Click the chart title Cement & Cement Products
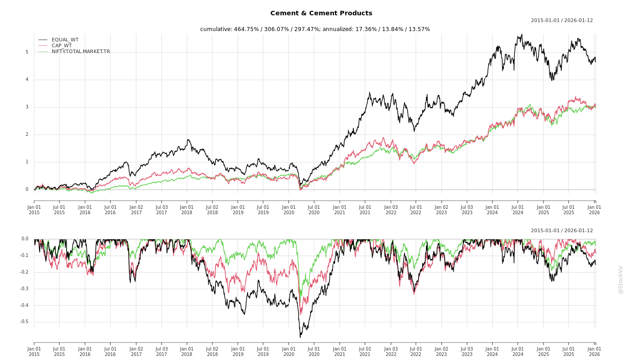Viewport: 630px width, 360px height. (321, 13)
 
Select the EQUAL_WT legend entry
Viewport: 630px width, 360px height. (65, 40)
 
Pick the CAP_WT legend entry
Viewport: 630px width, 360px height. (61, 46)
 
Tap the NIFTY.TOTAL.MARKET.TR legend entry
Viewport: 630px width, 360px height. (81, 52)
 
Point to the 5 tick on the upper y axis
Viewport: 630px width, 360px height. (27, 52)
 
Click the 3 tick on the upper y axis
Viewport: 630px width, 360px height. (27, 107)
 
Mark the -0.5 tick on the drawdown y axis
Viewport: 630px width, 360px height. (24, 322)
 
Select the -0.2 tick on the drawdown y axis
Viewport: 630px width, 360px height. (24, 272)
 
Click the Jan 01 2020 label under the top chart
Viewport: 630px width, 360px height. (289, 210)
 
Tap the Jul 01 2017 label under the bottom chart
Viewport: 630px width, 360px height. (162, 351)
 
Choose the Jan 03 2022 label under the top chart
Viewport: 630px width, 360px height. (391, 210)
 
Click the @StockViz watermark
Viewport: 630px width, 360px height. (621, 279)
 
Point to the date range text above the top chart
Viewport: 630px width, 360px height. (562, 21)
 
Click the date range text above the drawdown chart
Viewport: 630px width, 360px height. (562, 231)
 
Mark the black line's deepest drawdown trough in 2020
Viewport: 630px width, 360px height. (300, 337)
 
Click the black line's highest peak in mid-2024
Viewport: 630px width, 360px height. (522, 34)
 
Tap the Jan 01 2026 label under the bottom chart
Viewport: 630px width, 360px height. (594, 351)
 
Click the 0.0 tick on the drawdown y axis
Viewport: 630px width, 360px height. (25, 239)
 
